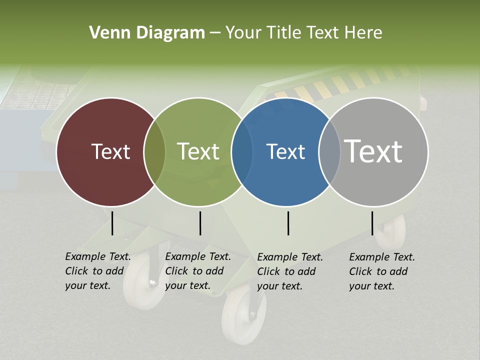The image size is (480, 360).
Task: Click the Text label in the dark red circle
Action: click(110, 151)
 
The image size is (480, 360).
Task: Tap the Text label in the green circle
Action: click(198, 151)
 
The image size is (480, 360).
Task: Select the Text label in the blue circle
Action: click(285, 151)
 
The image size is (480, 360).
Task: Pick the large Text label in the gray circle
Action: click(373, 151)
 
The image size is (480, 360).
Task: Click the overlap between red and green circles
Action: click(154, 151)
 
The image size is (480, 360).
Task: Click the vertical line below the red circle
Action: click(112, 223)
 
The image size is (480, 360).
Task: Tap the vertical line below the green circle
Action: click(200, 223)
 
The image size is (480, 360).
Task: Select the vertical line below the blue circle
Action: click(288, 223)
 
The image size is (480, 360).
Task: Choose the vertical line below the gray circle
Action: click(372, 223)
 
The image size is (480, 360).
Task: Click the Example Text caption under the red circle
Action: click(97, 271)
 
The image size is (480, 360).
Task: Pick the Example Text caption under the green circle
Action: click(197, 271)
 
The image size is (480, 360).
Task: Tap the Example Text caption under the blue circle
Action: click(289, 271)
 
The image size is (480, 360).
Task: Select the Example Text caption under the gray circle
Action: click(381, 271)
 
